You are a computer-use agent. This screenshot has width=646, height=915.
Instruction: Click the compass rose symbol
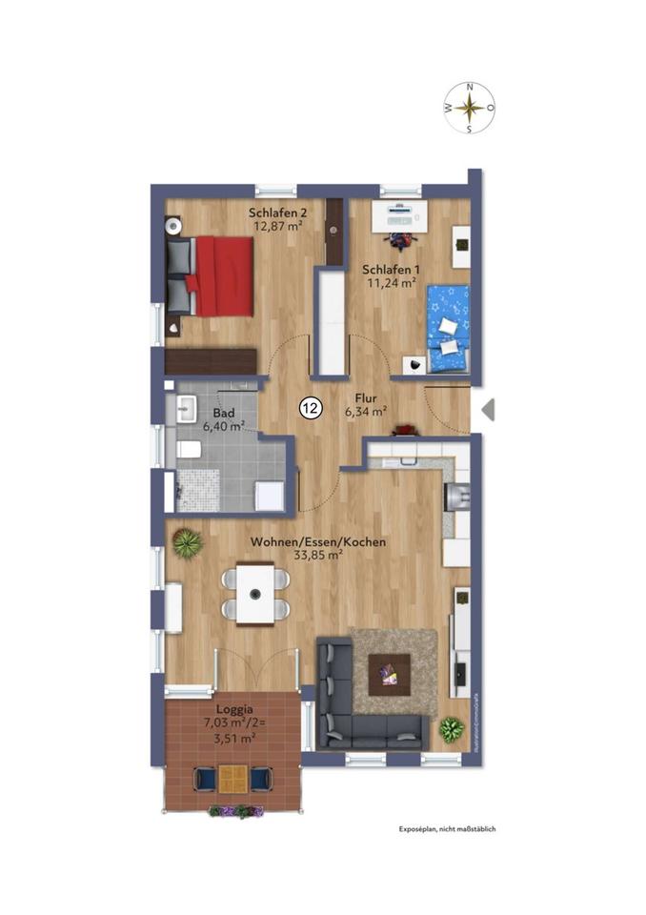pos(469,108)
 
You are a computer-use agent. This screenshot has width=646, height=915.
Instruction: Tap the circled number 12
pos(310,409)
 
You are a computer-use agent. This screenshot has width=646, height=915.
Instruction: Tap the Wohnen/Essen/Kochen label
pos(317,548)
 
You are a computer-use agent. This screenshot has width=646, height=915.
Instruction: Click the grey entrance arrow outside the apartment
pos(488,410)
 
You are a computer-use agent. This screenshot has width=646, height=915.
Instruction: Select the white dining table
pos(255,594)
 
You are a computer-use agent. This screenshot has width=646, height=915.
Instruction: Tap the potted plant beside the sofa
pos(451,728)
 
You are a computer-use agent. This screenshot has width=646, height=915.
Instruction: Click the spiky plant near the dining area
pos(188,542)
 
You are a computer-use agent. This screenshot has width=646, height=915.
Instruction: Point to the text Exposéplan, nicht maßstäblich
pos(447,829)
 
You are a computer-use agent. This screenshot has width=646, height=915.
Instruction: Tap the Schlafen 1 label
pos(389,276)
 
